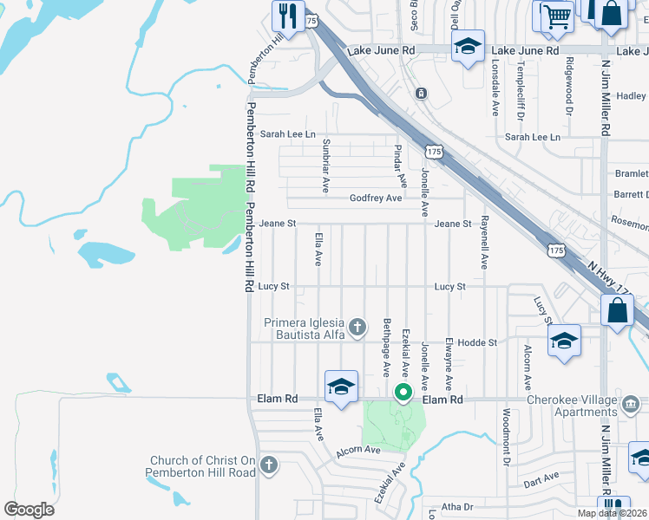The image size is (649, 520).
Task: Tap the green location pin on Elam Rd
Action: [x=403, y=392]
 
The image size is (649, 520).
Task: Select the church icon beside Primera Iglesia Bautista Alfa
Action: [x=357, y=328]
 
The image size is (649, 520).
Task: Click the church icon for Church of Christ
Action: [x=269, y=465]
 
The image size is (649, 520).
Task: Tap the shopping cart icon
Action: [x=555, y=15]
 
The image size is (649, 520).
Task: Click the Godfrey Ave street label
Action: [x=375, y=198]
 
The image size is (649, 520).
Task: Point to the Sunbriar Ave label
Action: [x=326, y=165]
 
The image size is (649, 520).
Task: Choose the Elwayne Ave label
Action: [x=448, y=364]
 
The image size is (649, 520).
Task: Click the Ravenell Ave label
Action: [x=485, y=242]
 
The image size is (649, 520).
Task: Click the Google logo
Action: [x=29, y=510]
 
